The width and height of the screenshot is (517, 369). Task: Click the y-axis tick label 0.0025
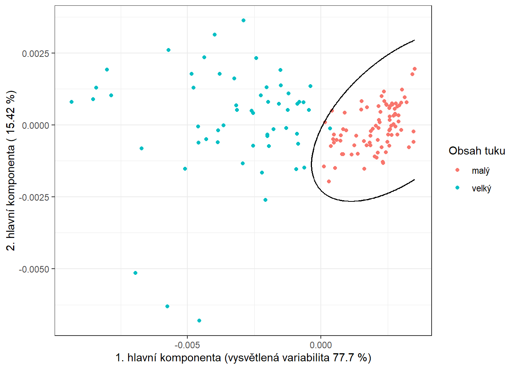36,53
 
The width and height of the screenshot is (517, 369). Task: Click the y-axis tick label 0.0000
36,125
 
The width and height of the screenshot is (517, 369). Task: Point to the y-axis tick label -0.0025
34,197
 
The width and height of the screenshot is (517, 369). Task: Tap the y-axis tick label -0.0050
34,269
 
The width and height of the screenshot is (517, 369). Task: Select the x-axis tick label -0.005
187,345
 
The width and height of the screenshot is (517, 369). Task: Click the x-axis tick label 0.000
321,345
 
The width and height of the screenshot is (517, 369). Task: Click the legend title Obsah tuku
477,151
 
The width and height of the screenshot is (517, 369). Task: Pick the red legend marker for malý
457,170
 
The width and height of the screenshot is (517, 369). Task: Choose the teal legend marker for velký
457,188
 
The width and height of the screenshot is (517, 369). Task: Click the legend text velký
481,188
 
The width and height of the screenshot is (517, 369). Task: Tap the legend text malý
480,171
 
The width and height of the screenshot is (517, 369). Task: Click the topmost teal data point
243,20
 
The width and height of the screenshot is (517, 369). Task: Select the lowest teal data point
199,321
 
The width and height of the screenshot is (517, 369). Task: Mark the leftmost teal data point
72,102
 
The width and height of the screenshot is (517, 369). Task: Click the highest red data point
415,69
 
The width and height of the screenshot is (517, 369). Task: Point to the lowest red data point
329,181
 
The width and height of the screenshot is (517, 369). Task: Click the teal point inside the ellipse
330,128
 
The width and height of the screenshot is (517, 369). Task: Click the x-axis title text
243,358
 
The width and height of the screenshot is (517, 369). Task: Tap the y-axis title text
11,170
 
